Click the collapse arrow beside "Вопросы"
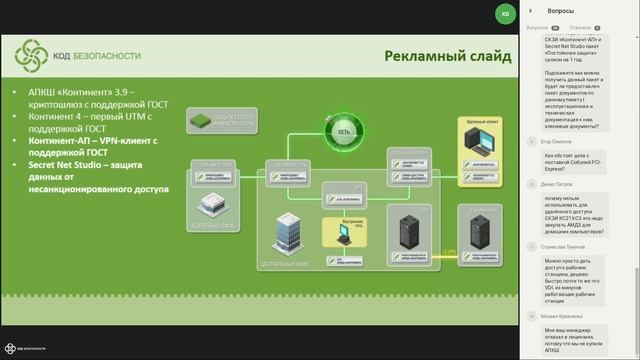pyautogui.click(x=530, y=10)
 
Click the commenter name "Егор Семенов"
pyautogui.click(x=556, y=142)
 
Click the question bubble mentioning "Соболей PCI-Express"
pyautogui.click(x=576, y=161)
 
